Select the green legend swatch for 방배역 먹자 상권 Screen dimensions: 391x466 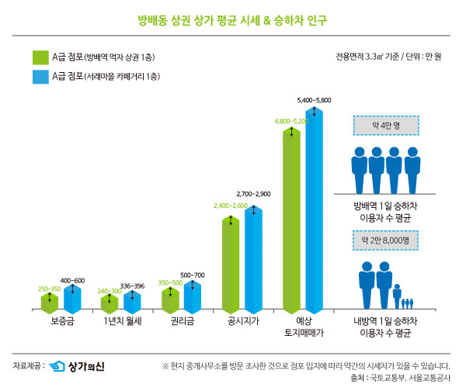[x=41, y=57]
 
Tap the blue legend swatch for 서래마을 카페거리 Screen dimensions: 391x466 [x=41, y=76]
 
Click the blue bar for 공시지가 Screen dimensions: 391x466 [x=253, y=256]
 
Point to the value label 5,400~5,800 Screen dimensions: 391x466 [x=314, y=101]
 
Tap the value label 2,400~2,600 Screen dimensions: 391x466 [x=231, y=206]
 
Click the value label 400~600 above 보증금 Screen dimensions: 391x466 [x=72, y=280]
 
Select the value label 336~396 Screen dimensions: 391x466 [x=132, y=286]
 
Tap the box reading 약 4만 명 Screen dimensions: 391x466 [x=386, y=125]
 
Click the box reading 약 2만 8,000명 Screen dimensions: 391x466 [x=386, y=240]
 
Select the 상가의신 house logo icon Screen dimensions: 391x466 [x=56, y=366]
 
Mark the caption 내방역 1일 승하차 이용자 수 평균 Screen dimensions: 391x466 [x=386, y=326]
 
